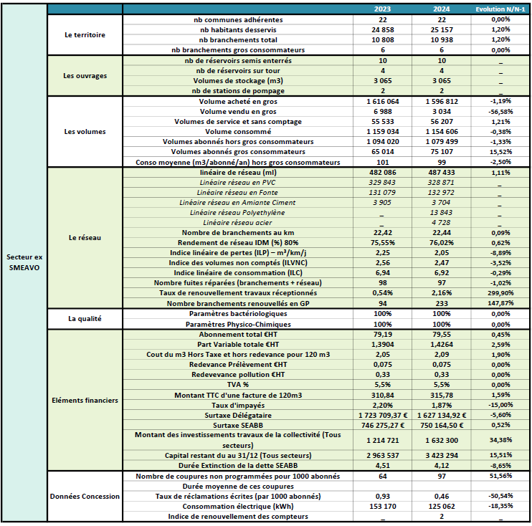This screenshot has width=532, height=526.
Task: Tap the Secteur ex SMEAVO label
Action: click(24, 261)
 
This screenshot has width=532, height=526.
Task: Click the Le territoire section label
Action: click(85, 34)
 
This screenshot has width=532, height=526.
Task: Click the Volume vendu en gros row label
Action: click(238, 112)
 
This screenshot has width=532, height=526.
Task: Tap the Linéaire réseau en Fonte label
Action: click(238, 193)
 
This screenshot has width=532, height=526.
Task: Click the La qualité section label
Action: click(85, 318)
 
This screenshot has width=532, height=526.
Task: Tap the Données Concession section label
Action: click(85, 496)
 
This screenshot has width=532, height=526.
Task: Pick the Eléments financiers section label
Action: click(85, 400)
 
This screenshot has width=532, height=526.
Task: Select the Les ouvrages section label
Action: click(85, 75)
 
